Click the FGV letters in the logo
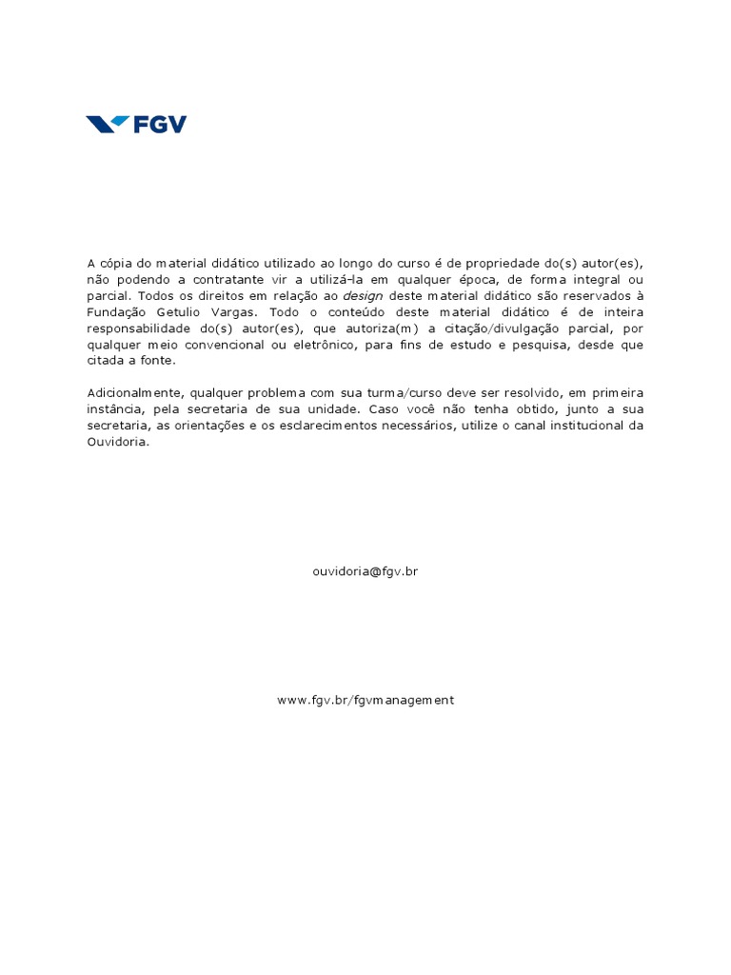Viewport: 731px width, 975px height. [159, 125]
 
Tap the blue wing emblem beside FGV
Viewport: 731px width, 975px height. [108, 124]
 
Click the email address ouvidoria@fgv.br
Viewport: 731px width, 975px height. [365, 571]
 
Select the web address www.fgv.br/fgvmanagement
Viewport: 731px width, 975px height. [365, 700]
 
